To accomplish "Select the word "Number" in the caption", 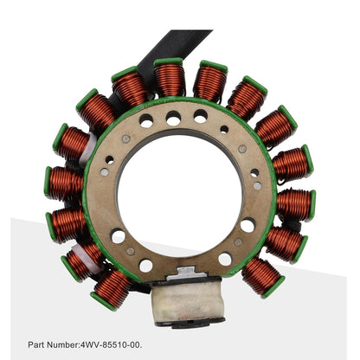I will (66, 344).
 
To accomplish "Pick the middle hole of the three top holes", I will (174, 119).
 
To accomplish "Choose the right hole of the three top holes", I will (201, 117).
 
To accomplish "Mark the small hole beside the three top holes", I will (223, 129).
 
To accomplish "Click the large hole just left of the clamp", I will (145, 266).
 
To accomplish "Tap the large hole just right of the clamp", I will (224, 259).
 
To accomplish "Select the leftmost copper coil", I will (65, 183).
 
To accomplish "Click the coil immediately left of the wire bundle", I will (112, 288).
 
